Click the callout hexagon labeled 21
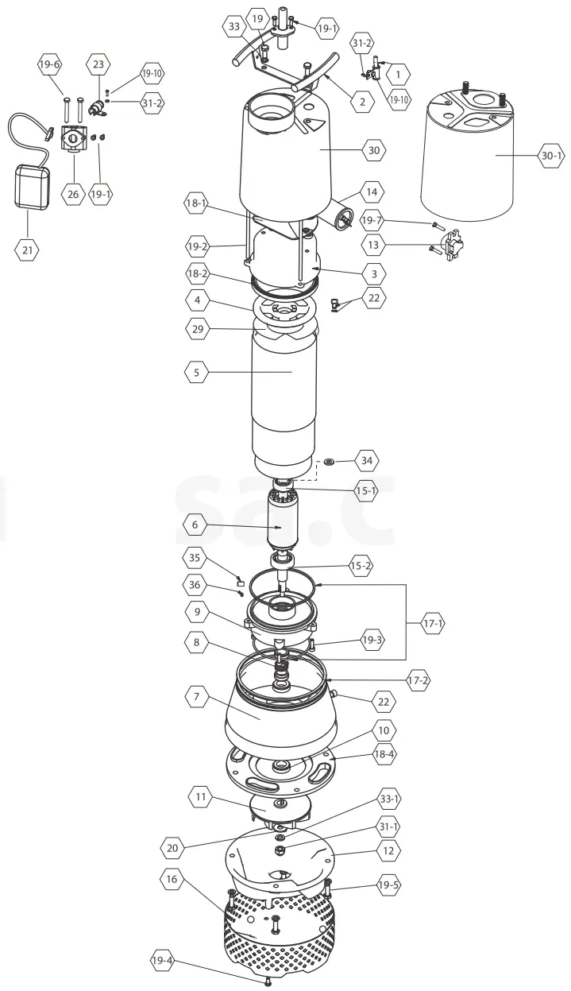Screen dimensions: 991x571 pyautogui.click(x=28, y=250)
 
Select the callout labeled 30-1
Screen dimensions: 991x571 pyautogui.click(x=551, y=157)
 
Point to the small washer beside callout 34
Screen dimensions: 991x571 pyautogui.click(x=328, y=461)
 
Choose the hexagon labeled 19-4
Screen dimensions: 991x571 pyautogui.click(x=162, y=961)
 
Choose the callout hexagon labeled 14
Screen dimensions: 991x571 pyautogui.click(x=372, y=192)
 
